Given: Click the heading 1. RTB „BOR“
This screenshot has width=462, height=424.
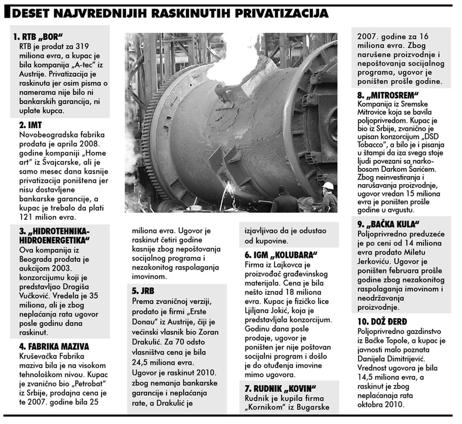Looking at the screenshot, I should [37, 36].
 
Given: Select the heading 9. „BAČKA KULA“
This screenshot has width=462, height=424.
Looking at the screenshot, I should [389, 223].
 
